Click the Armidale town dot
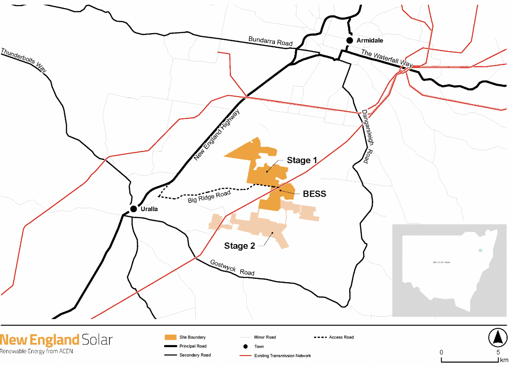(x=350, y=41)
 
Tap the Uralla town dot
(x=134, y=209)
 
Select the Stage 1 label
(x=302, y=160)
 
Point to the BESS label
(x=315, y=194)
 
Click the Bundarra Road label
(x=271, y=41)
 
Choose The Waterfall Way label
(x=387, y=59)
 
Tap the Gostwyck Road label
(x=232, y=267)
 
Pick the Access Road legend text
(x=342, y=338)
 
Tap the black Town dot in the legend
(x=246, y=347)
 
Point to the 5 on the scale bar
(x=498, y=352)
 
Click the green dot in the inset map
(x=480, y=250)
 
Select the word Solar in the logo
(x=97, y=339)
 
